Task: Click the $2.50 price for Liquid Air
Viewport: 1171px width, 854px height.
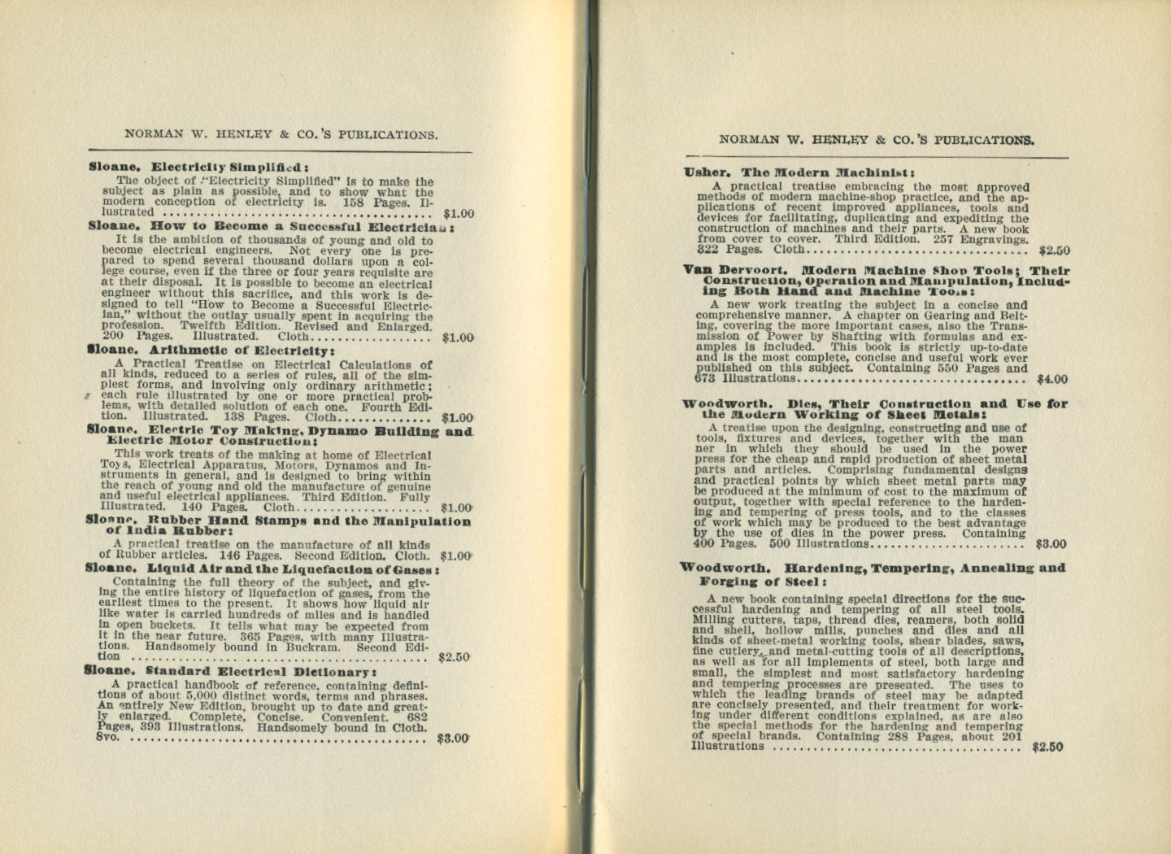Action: point(454,656)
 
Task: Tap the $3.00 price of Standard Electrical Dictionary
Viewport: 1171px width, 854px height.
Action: point(453,739)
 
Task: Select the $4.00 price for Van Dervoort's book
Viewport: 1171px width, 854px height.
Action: point(1052,379)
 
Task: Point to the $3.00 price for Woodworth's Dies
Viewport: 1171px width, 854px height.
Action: point(1051,544)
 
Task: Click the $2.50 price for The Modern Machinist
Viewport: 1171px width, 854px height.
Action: point(1054,251)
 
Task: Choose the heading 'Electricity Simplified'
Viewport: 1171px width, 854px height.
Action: point(229,168)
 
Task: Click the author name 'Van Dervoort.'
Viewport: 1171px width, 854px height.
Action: point(735,270)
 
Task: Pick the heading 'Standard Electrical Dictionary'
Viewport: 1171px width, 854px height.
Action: point(260,672)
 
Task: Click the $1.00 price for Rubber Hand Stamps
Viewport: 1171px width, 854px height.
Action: point(455,556)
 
